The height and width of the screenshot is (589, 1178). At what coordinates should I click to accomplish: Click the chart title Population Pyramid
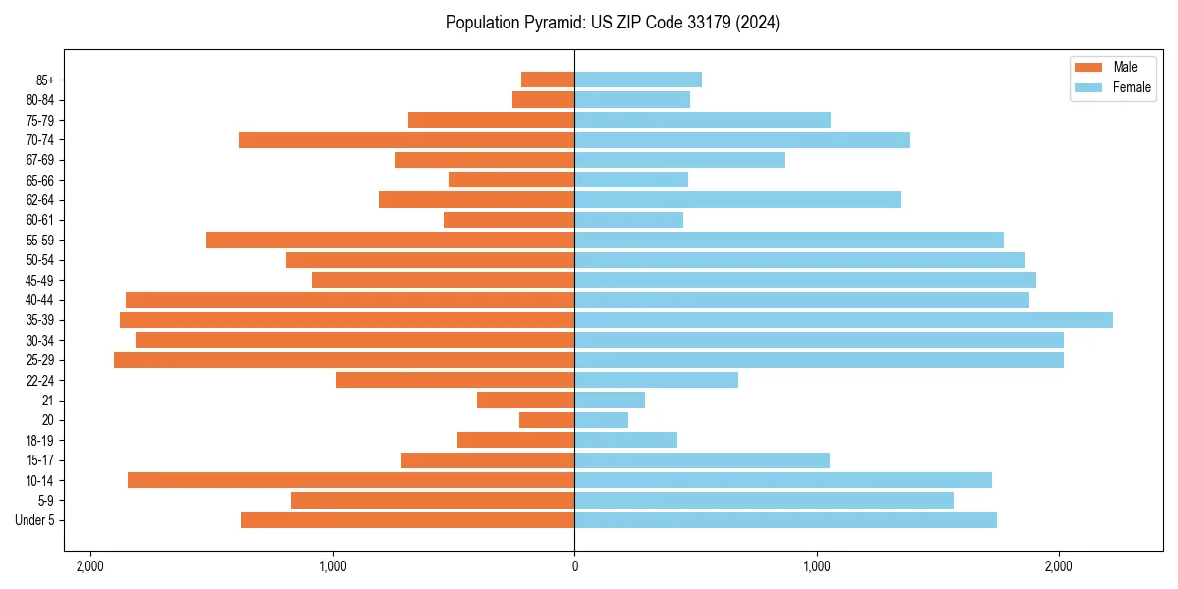coord(613,23)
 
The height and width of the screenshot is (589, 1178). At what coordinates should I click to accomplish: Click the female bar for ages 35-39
coord(843,320)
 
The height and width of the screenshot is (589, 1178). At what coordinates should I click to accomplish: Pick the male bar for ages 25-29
coord(344,360)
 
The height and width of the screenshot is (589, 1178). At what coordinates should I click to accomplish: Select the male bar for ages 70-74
coord(406,140)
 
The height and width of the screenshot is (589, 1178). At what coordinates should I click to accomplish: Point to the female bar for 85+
coord(638,80)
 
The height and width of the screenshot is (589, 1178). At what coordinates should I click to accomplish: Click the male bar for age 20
coord(547,420)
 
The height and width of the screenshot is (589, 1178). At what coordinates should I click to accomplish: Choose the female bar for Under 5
coord(785,520)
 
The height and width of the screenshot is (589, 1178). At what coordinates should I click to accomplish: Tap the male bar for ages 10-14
coord(350,480)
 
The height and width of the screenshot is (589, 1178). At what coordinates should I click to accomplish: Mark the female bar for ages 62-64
coord(737,200)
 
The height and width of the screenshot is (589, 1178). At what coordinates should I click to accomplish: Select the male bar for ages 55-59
coord(390,241)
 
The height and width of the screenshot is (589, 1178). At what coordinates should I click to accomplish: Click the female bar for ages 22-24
coord(656,380)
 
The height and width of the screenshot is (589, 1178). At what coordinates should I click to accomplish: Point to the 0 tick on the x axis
coord(574,566)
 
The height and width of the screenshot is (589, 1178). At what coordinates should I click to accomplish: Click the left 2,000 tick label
coord(90,566)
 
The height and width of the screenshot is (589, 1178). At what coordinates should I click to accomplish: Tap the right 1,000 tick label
coord(817,566)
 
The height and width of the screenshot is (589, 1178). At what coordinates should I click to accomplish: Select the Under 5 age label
coord(35,520)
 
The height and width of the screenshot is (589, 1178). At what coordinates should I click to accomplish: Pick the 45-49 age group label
coord(40,281)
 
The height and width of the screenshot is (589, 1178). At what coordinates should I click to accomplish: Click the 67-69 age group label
coord(40,160)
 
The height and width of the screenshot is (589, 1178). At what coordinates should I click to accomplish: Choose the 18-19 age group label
coord(40,441)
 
